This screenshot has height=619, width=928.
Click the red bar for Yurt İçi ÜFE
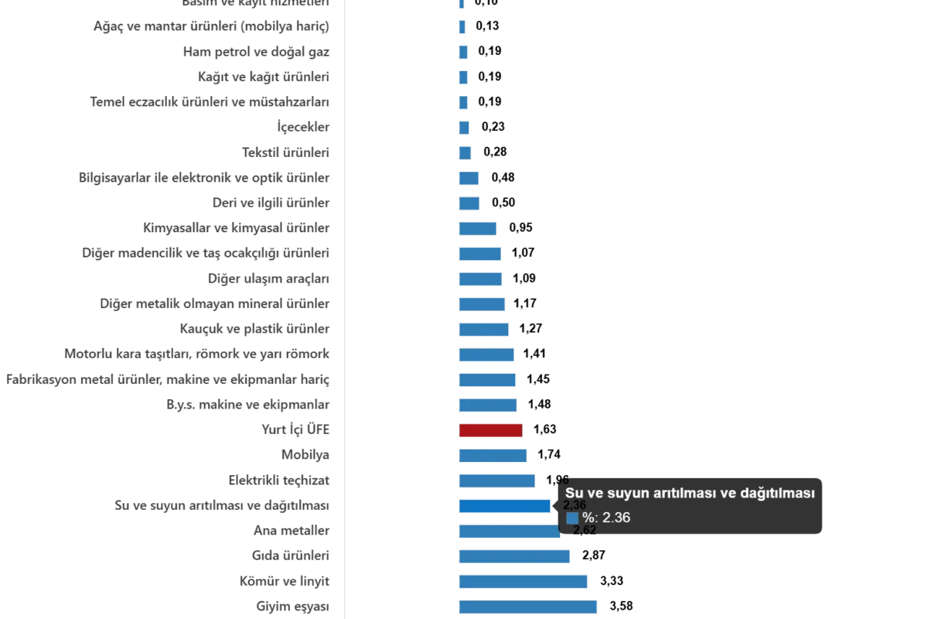pyautogui.click(x=490, y=429)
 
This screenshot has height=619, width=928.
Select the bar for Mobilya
pyautogui.click(x=493, y=455)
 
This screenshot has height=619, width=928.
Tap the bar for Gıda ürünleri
pyautogui.click(x=515, y=555)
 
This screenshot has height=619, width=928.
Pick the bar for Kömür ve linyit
pyautogui.click(x=522, y=580)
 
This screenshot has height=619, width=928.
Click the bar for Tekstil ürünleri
pyautogui.click(x=465, y=152)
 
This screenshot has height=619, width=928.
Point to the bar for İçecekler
pyautogui.click(x=464, y=127)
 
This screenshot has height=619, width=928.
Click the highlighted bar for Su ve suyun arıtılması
pyautogui.click(x=504, y=506)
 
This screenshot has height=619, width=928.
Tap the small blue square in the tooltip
pyautogui.click(x=572, y=518)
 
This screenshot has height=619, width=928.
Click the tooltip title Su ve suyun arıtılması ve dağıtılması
pyautogui.click(x=690, y=493)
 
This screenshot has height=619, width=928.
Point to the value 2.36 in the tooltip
pyautogui.click(x=616, y=518)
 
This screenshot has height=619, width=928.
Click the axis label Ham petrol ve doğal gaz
pyautogui.click(x=258, y=53)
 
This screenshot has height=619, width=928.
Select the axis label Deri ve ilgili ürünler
pyautogui.click(x=271, y=203)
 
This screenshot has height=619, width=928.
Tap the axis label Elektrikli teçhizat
pyautogui.click(x=281, y=480)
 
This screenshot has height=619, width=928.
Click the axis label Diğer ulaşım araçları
pyautogui.click(x=268, y=279)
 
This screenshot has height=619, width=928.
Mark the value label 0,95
pyautogui.click(x=521, y=227)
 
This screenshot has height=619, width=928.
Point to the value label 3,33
pyautogui.click(x=612, y=581)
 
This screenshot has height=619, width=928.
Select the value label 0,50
pyautogui.click(x=503, y=203)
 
